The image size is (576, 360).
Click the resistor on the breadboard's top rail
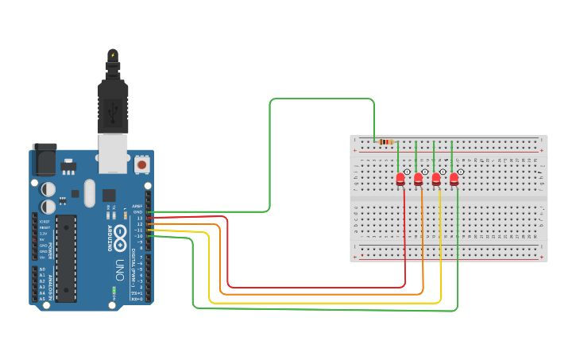click(386, 142)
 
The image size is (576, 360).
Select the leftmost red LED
click(400, 180)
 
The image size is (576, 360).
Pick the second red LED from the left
click(418, 180)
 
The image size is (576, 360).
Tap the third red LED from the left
click(436, 180)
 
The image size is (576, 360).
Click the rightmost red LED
click(454, 180)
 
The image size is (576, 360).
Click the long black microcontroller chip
click(66, 258)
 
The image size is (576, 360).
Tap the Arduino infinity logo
click(120, 236)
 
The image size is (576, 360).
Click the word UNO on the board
click(120, 265)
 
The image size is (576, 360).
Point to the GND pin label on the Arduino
click(137, 212)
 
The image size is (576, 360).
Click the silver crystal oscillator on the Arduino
click(89, 193)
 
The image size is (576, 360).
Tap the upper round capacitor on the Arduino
click(48, 189)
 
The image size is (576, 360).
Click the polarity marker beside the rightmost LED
click(461, 172)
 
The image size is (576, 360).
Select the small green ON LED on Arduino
click(114, 291)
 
